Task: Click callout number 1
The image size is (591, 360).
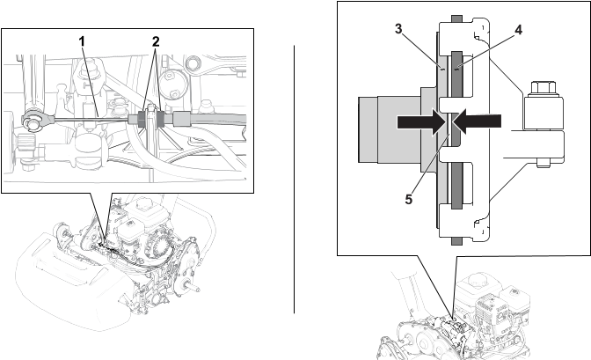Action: pos(82,41)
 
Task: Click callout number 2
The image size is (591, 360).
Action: pos(156,41)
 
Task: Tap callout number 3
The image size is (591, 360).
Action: pos(398,29)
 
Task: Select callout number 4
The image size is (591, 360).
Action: pos(519,30)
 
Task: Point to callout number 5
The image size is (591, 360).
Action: pos(409,199)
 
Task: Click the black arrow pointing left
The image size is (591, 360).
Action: pos(478,121)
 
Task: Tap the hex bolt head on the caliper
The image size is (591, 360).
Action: pos(543,88)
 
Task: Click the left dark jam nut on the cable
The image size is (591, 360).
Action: pos(142,119)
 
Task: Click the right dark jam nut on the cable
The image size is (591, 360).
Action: pos(160,119)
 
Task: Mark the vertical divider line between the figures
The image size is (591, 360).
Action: pos(294,180)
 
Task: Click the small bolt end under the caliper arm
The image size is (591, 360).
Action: pos(543,164)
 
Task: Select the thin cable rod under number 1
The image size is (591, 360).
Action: pos(91,119)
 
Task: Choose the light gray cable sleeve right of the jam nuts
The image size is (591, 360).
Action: pos(181,119)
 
